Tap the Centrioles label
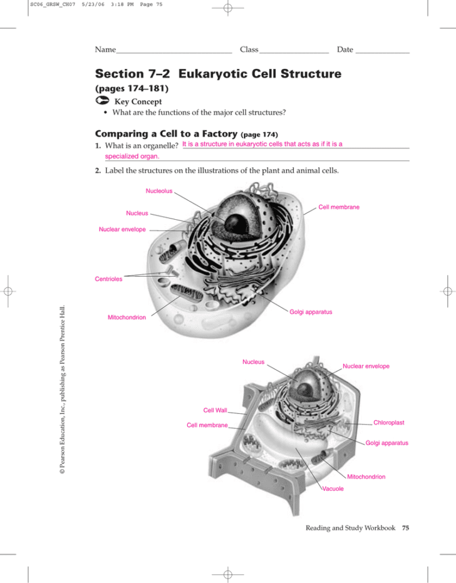click(x=108, y=279)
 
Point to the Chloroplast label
click(x=388, y=423)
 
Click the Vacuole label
click(x=333, y=488)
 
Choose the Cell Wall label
click(x=215, y=410)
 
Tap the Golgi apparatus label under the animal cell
click(x=311, y=311)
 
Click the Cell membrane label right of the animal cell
click(x=339, y=207)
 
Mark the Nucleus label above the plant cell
click(x=253, y=361)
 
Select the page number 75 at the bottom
click(x=405, y=529)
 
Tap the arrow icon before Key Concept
click(x=100, y=101)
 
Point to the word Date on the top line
click(x=345, y=49)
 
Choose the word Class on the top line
click(x=249, y=49)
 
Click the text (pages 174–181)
click(x=131, y=89)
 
